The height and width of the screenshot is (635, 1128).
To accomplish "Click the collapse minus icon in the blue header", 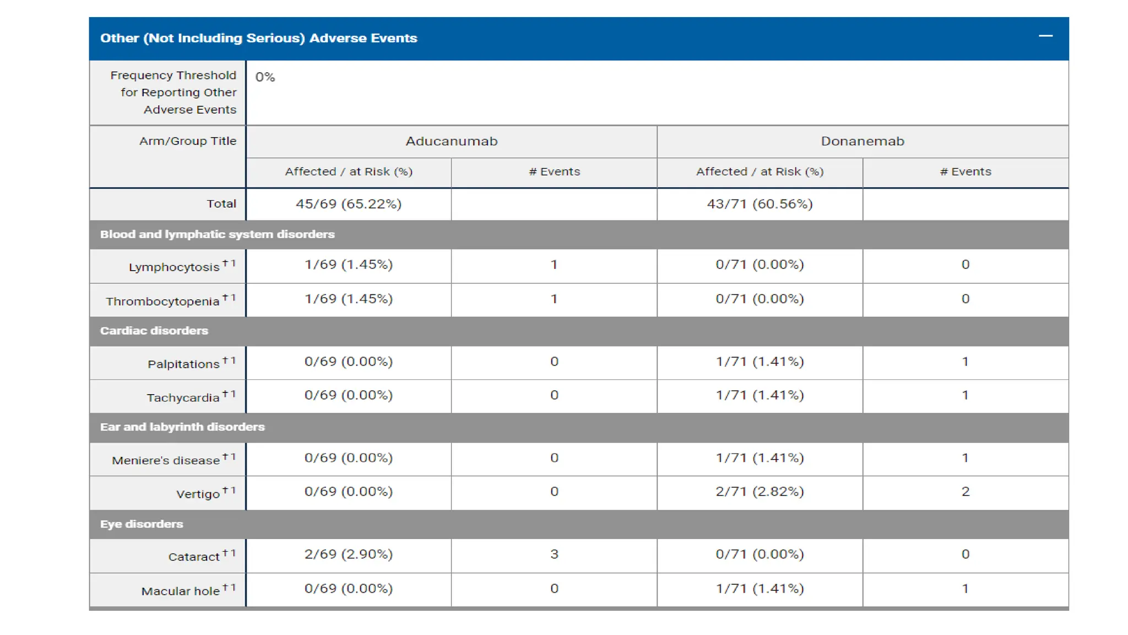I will pyautogui.click(x=1045, y=36).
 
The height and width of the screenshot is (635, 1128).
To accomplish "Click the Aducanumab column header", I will pyautogui.click(x=451, y=141).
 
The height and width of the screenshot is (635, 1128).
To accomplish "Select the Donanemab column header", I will pyautogui.click(x=862, y=141).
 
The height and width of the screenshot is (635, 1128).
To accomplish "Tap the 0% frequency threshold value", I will pyautogui.click(x=265, y=77).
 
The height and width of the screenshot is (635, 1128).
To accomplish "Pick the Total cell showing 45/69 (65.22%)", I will pyautogui.click(x=348, y=204).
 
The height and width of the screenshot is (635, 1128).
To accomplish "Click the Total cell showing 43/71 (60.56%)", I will pyautogui.click(x=760, y=204).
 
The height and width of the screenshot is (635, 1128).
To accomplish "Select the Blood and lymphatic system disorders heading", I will pyautogui.click(x=217, y=234).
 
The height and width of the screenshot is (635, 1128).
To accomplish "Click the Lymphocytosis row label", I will pyautogui.click(x=174, y=267).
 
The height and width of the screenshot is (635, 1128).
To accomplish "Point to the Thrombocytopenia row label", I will pyautogui.click(x=163, y=302).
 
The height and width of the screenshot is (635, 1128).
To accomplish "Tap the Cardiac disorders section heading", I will pyautogui.click(x=154, y=331).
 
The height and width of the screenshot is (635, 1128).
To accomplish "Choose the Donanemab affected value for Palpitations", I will pyautogui.click(x=760, y=362).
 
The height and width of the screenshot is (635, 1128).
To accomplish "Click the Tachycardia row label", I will pyautogui.click(x=183, y=398).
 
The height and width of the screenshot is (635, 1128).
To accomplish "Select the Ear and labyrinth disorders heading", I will pyautogui.click(x=182, y=427).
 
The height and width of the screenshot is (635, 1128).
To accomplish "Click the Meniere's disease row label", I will pyautogui.click(x=166, y=461).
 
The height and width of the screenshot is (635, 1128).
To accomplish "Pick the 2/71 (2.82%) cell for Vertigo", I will pyautogui.click(x=760, y=492).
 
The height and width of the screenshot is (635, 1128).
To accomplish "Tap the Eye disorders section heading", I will pyautogui.click(x=141, y=524).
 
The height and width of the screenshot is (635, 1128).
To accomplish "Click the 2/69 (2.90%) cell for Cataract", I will pyautogui.click(x=348, y=555).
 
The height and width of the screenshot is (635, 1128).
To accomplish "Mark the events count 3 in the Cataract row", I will pyautogui.click(x=554, y=555).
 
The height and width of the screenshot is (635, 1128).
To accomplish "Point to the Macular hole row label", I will pyautogui.click(x=181, y=591).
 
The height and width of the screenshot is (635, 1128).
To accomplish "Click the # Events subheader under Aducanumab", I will pyautogui.click(x=554, y=172).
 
